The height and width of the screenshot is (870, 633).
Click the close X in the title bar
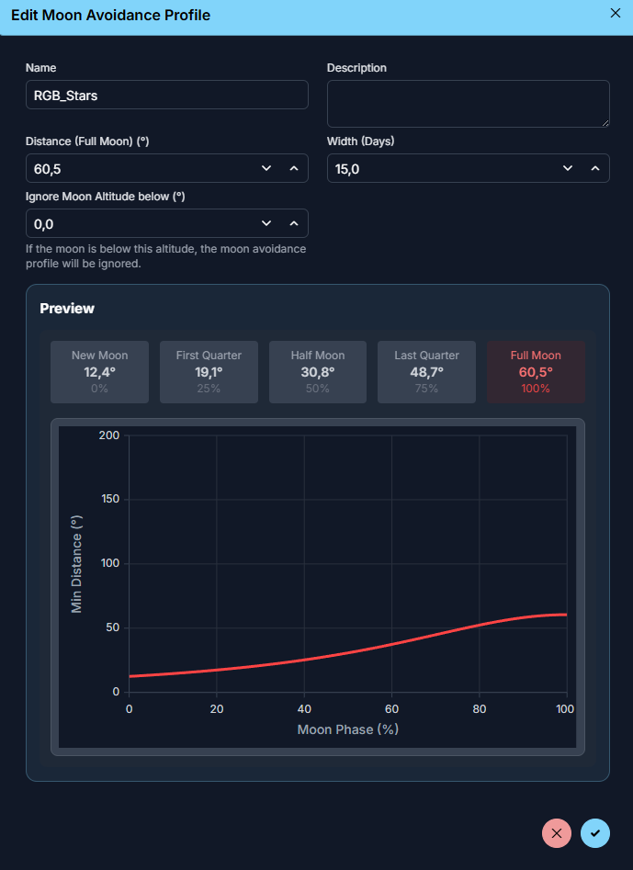(615, 13)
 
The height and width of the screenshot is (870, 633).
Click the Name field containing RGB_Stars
(166, 95)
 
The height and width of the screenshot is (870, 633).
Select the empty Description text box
(468, 103)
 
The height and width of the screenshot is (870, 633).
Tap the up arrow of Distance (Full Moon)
(294, 168)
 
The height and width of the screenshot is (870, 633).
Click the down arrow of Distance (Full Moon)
(266, 168)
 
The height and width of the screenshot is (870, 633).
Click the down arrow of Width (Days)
(568, 168)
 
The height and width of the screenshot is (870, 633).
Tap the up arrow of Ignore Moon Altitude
(294, 223)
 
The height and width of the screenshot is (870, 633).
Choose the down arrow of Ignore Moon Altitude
(266, 223)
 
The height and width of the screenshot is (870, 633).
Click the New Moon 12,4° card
(100, 372)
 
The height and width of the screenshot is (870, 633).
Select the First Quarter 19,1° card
(209, 372)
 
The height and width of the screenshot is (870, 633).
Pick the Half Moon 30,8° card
(318, 372)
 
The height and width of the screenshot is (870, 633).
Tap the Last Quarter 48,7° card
(426, 372)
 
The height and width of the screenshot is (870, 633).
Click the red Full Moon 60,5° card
(536, 372)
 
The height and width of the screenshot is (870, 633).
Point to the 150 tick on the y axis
(109, 499)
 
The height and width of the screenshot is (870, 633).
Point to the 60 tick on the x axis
(392, 709)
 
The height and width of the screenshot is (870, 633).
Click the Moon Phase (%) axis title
(347, 729)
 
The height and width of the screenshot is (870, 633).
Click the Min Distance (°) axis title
(77, 564)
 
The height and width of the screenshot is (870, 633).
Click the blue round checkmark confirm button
(595, 833)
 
